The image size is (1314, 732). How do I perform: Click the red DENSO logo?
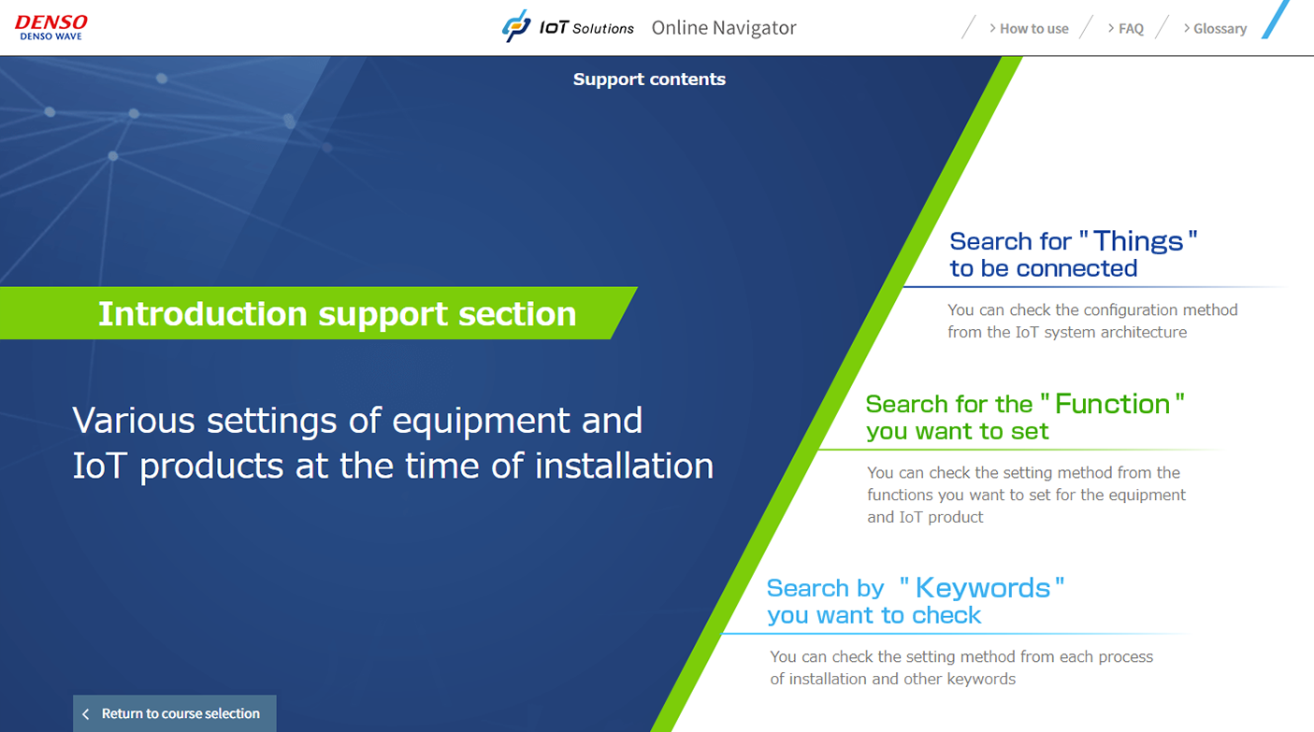[x=51, y=22]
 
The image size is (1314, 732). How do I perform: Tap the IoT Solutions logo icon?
[x=516, y=26]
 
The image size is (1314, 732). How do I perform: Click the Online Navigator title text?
[x=724, y=27]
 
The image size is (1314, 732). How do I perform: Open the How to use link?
[x=1029, y=28]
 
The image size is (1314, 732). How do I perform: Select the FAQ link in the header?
[x=1126, y=28]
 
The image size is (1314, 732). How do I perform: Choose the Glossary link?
[x=1215, y=28]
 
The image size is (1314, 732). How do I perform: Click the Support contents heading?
[x=649, y=79]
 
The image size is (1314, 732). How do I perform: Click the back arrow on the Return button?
[x=86, y=714]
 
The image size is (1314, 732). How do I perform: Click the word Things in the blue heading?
[x=1138, y=241]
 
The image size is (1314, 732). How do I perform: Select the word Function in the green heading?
[x=1112, y=404]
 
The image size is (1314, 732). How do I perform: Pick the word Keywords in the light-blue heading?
[x=983, y=588]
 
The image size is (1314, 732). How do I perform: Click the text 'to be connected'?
[x=1044, y=268]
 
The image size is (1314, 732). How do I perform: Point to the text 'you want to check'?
[x=874, y=615]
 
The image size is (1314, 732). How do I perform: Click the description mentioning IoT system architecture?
[x=1092, y=321]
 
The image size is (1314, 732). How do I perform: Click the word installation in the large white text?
[x=624, y=466]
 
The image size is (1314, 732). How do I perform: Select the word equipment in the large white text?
[x=481, y=421]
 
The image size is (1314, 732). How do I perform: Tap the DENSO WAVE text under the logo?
[x=51, y=36]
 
